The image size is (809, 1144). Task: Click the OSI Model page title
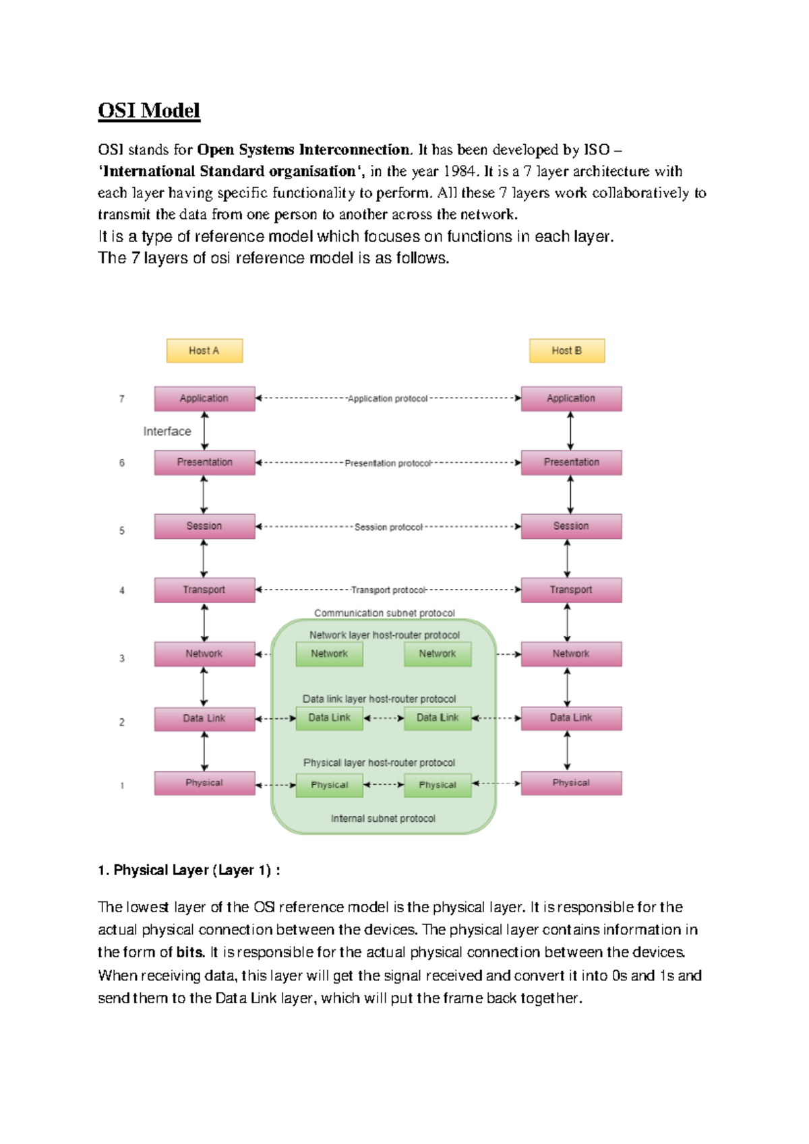click(149, 110)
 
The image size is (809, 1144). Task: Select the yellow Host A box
click(204, 350)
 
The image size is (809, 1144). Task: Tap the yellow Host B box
click(566, 350)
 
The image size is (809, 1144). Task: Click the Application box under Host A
click(204, 398)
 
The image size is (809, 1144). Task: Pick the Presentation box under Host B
click(571, 462)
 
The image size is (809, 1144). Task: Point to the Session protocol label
click(388, 527)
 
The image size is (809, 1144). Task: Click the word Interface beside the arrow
click(167, 431)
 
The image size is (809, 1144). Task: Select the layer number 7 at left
click(122, 399)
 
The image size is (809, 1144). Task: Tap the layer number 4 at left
click(122, 590)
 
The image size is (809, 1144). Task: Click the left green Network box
click(329, 654)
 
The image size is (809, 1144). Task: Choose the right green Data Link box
click(438, 718)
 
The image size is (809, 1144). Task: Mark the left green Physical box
click(329, 785)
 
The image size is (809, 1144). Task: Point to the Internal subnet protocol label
click(383, 818)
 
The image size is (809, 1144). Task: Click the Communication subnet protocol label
click(384, 613)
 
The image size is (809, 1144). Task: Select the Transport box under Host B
click(571, 590)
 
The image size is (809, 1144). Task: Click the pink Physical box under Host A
click(204, 783)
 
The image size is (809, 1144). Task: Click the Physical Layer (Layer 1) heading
click(189, 870)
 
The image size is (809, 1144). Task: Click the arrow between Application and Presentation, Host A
click(205, 431)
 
